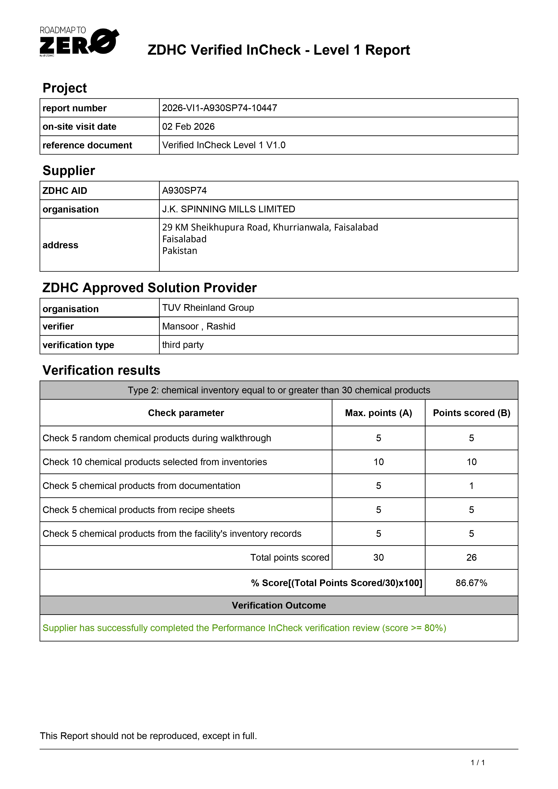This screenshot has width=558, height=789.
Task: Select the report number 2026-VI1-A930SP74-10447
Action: [x=219, y=108]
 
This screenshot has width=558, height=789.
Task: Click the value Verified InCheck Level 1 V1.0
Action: [x=224, y=145]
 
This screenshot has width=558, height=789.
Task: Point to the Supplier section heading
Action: [x=69, y=170]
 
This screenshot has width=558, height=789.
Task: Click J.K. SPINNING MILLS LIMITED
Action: [x=229, y=209]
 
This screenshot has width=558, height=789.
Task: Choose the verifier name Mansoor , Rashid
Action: [x=199, y=326]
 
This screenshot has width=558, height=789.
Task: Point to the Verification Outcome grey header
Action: [x=279, y=605]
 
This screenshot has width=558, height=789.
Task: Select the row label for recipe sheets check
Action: [x=139, y=510]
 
